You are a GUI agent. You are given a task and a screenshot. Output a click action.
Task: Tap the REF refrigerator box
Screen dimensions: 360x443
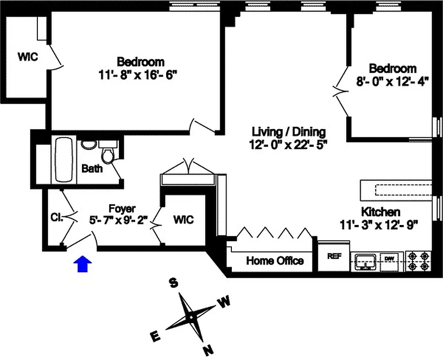334,256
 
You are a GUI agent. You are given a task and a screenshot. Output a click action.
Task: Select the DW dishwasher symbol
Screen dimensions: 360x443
389,260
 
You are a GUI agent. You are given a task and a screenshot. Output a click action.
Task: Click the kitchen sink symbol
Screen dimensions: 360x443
365,261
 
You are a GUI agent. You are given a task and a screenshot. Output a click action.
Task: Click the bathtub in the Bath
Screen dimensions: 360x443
63,160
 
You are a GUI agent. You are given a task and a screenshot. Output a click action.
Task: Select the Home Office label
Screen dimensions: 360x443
275,261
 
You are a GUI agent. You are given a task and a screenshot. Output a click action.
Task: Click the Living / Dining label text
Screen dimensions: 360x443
288,132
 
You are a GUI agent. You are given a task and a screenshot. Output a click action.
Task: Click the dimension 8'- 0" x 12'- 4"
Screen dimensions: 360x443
393,82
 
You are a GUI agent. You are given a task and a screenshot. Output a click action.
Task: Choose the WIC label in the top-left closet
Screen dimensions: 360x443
27,57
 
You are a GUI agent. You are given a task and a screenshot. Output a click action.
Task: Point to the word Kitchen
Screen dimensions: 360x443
380,211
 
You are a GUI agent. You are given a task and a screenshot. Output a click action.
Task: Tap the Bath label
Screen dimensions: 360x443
92,169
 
